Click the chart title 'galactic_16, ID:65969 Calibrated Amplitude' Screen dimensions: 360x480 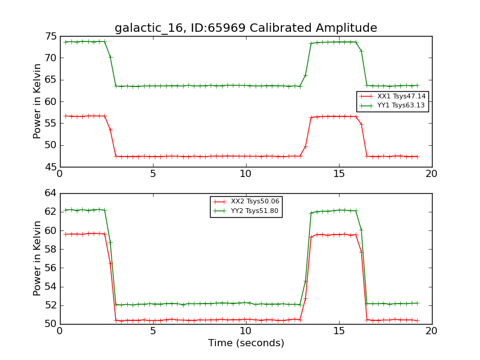coord(245,28)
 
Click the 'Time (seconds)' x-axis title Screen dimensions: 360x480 coord(246,343)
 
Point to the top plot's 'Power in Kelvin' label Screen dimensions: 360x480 coord(38,101)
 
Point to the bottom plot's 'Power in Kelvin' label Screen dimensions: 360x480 coord(38,259)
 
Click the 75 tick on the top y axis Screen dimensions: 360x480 coord(50,36)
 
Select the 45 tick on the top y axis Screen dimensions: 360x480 coord(50,167)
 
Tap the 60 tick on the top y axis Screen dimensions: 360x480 coord(50,101)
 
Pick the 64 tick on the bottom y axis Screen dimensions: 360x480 coord(50,193)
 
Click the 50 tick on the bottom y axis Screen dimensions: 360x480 coord(50,324)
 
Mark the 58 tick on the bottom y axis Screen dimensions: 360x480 coord(50,249)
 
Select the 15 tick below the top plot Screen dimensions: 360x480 coord(339,174)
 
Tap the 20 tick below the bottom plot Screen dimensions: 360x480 coord(431,331)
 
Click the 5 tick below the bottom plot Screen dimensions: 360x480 coord(153,331)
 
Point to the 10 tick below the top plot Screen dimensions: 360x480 coord(246,174)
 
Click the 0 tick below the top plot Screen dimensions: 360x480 coord(60,174)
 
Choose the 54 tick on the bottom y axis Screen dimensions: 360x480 coord(50,287)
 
